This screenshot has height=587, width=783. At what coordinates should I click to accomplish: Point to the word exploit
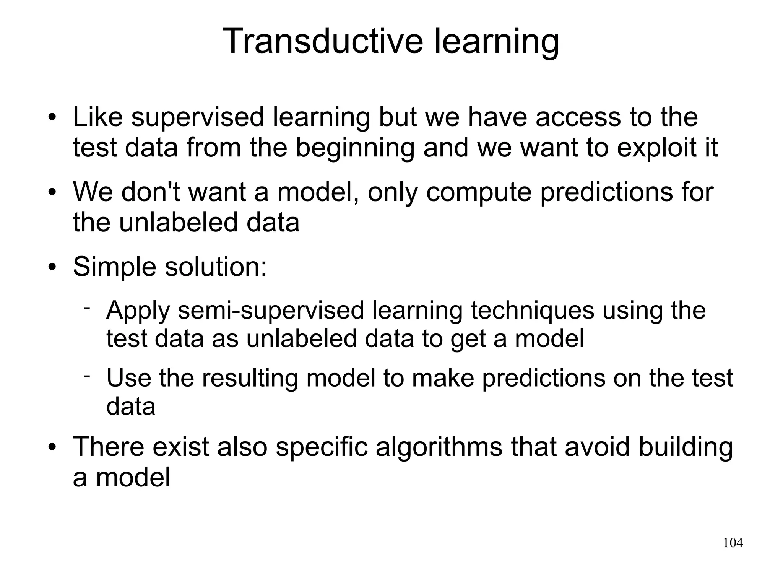[x=655, y=148]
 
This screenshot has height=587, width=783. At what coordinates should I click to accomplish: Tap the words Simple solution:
[x=170, y=267]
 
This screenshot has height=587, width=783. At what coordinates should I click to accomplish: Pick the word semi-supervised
[x=271, y=311]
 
